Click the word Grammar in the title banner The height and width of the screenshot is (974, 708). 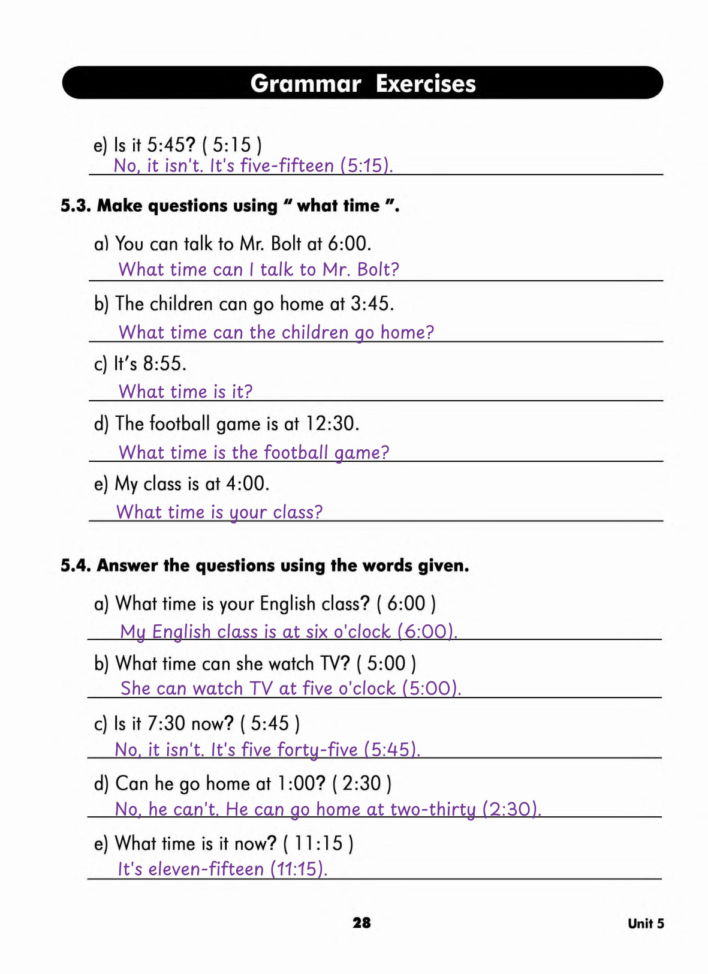306,84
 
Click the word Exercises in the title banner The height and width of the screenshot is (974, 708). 426,84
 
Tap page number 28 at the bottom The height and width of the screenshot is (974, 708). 361,922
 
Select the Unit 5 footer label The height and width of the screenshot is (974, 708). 646,924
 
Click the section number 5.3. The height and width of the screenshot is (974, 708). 76,206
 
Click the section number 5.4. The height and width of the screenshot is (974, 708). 76,566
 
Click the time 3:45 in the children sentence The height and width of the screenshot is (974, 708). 372,303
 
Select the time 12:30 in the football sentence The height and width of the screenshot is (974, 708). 332,423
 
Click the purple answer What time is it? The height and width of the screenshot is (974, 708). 186,392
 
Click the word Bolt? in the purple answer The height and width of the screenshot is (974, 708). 378,269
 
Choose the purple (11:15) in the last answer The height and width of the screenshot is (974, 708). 299,868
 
